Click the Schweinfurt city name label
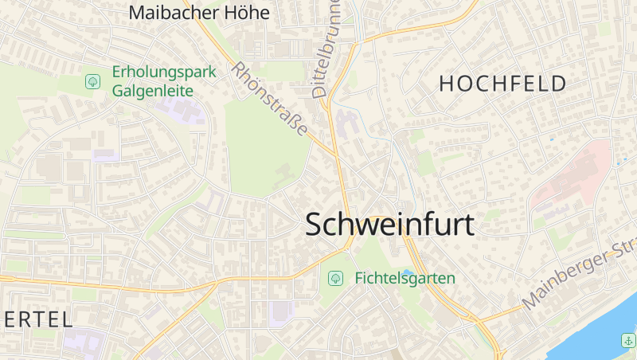click(x=389, y=225)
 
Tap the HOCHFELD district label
click(x=502, y=84)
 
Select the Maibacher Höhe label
click(x=199, y=13)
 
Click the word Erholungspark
click(x=164, y=72)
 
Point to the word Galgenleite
click(x=153, y=91)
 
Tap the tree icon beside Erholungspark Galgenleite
click(x=93, y=81)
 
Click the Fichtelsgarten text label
click(x=404, y=278)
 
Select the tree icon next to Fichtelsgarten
click(x=336, y=278)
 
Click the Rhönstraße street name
click(x=269, y=99)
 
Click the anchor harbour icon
click(x=627, y=340)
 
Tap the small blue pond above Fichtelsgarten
click(x=408, y=272)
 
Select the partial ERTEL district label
click(x=36, y=320)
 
